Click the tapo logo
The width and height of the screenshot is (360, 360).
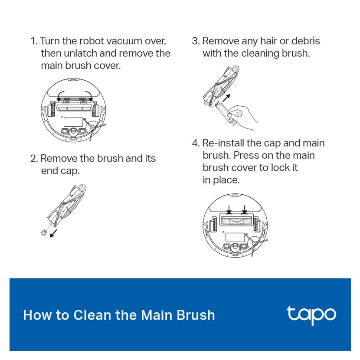pyautogui.click(x=311, y=315)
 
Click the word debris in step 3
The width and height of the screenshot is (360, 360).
pyautogui.click(x=306, y=41)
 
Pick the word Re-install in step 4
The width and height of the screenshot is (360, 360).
pyautogui.click(x=223, y=143)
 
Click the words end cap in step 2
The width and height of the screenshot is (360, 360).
pyautogui.click(x=60, y=171)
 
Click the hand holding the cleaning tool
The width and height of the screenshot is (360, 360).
pyautogui.click(x=243, y=117)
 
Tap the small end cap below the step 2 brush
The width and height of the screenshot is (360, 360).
pyautogui.click(x=44, y=232)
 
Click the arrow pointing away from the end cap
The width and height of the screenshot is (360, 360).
pyautogui.click(x=53, y=233)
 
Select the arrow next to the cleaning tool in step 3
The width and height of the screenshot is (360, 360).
pyautogui.click(x=226, y=97)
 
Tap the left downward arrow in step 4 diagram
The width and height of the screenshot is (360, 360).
pyautogui.click(x=229, y=209)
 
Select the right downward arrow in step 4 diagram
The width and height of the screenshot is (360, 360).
pyautogui.click(x=245, y=209)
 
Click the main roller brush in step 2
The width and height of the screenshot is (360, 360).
pyautogui.click(x=67, y=205)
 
